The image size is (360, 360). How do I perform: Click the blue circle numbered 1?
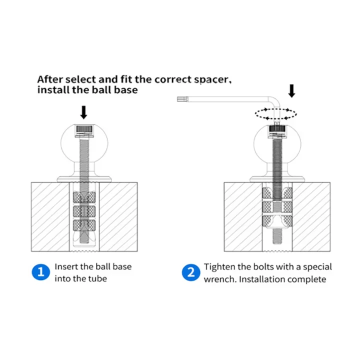coord(41,272)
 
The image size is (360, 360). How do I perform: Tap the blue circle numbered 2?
coord(191,272)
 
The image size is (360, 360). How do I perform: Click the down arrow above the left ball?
coord(84,112)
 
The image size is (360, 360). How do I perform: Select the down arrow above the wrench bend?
coord(291,91)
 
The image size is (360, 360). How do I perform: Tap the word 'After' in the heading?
coord(50,79)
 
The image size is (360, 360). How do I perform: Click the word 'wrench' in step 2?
coord(220,279)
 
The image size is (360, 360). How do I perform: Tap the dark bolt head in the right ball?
coord(277,129)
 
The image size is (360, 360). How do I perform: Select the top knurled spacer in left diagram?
coord(84,197)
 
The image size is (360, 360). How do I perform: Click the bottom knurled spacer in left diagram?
coord(84,225)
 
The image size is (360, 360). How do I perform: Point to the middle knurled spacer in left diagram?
coord(84,211)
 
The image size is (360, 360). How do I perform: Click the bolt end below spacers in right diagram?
coord(277,236)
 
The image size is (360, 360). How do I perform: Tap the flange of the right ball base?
coord(277,179)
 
